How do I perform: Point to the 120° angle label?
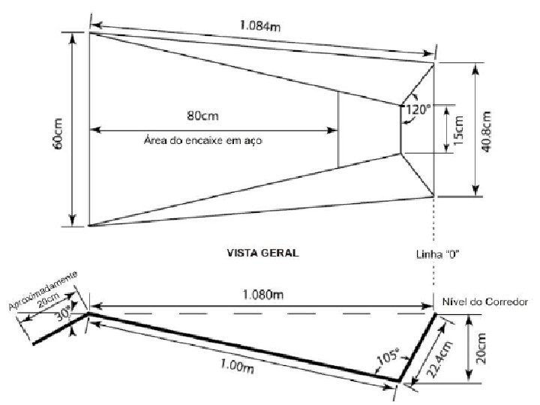pyautogui.click(x=418, y=109)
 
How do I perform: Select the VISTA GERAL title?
pyautogui.click(x=262, y=253)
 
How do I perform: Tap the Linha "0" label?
pyautogui.click(x=437, y=254)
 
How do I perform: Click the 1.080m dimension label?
pyautogui.click(x=262, y=295)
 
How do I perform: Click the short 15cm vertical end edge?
pyautogui.click(x=401, y=129)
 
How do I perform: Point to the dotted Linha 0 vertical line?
pyautogui.click(x=434, y=247)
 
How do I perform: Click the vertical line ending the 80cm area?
pyautogui.click(x=337, y=129)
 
